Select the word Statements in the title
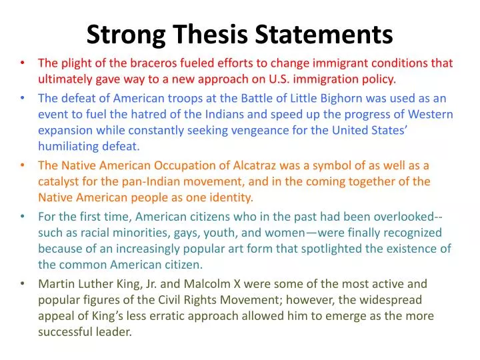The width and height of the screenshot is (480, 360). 325,34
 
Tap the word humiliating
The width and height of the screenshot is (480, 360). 68,146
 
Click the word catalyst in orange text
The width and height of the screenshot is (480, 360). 59,181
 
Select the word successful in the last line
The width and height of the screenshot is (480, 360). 65,331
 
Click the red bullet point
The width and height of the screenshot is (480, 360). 23,64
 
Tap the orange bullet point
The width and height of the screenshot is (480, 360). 23,165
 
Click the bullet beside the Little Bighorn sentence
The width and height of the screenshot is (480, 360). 23,98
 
